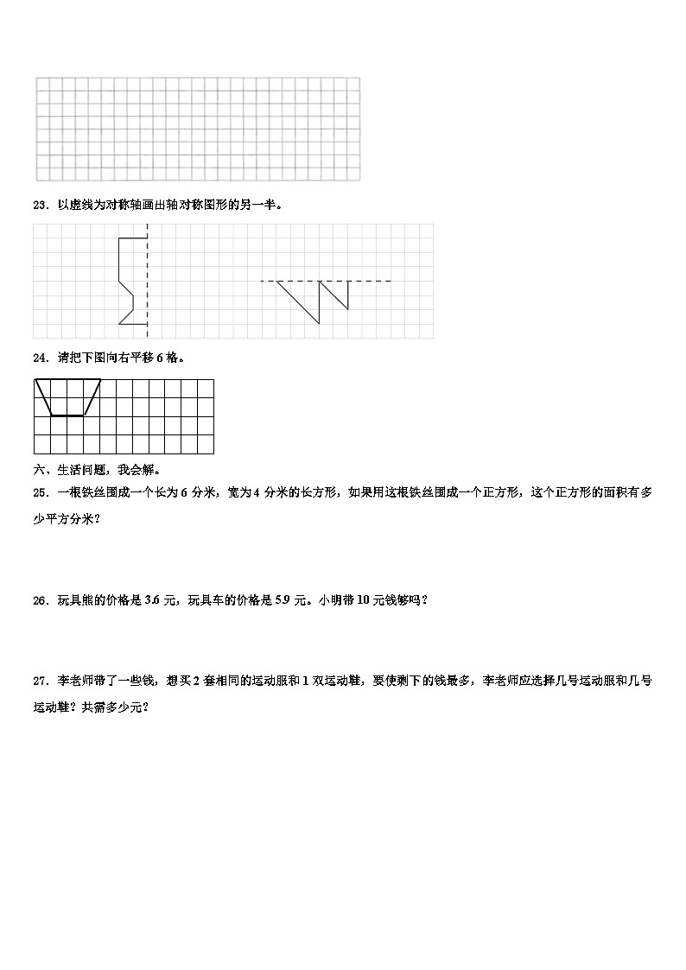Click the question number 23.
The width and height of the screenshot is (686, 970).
[38, 205]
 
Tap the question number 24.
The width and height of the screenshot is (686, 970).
[38, 357]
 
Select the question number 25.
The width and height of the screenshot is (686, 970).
[38, 492]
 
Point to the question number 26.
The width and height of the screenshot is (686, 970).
[38, 600]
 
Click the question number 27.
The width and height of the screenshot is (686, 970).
[38, 681]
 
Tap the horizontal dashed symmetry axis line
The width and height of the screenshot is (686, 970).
[327, 281]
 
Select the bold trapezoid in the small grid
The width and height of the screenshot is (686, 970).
[67, 398]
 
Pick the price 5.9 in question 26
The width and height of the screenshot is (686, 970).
[282, 600]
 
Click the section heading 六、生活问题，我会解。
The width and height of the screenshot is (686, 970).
[97, 470]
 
